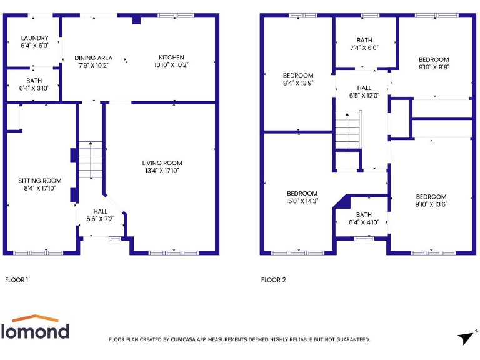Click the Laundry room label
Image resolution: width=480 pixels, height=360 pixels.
pos(30,38)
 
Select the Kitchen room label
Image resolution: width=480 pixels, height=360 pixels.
pos(171,57)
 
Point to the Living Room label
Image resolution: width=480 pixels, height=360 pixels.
pos(162,163)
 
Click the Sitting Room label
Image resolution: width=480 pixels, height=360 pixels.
pos(39,181)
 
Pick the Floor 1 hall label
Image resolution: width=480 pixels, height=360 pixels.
pos(100,212)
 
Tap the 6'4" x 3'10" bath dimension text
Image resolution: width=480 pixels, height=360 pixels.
pos(34,87)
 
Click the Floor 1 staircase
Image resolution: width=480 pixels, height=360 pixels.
pos(91,160)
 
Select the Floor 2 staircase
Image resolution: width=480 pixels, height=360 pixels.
pos(348,129)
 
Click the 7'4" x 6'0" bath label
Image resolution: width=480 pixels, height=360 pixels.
pos(364,41)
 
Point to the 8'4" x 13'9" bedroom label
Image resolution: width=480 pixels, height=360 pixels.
pos(298,76)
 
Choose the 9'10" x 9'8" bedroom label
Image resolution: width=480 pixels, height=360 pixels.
pos(434,60)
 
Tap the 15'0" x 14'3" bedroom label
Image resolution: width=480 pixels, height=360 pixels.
pos(302,194)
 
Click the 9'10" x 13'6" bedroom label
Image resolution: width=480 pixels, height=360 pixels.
pos(431,197)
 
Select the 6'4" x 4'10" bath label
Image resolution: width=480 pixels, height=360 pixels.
pos(364,215)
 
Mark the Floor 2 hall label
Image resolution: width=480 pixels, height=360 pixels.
pos(364,88)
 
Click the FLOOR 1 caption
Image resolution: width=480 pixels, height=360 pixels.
pos(16,280)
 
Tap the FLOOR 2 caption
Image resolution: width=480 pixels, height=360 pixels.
pos(273,280)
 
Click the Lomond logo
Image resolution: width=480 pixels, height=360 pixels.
pos(35,327)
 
